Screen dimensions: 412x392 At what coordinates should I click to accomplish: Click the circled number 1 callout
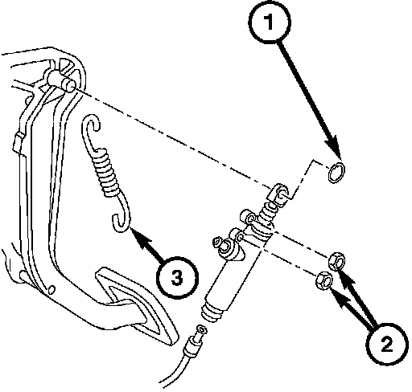pos(270,22)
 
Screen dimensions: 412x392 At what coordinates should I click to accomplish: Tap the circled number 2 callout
pos(387,344)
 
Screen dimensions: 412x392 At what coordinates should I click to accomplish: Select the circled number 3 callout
pos(177,278)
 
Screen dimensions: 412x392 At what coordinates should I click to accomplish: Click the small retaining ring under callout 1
pos(336,172)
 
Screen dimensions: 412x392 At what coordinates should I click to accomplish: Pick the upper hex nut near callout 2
pos(337,261)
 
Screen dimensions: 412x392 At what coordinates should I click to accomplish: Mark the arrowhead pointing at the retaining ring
pos(333,147)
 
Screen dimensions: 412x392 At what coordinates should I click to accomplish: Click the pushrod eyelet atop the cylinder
pos(279,194)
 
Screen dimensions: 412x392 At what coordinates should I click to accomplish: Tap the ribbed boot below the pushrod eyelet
pos(268,211)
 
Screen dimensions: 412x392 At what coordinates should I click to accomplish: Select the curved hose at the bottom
pos(171,372)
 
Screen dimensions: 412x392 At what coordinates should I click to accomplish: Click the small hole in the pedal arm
pos(51,289)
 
